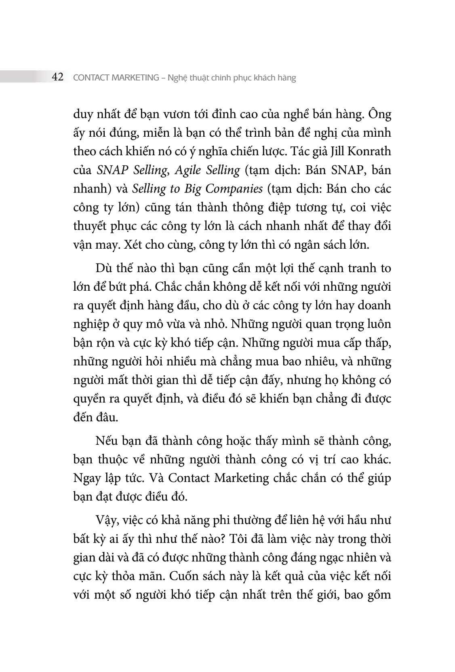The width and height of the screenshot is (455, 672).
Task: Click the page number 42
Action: pos(58,77)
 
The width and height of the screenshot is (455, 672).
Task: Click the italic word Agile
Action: pos(188,170)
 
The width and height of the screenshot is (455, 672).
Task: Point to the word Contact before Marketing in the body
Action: pos(189,478)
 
